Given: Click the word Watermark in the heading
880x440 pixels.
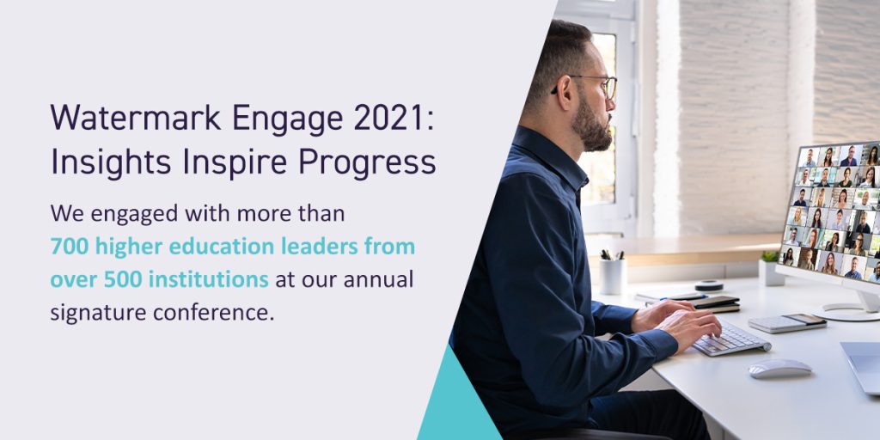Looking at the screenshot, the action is coord(135,118).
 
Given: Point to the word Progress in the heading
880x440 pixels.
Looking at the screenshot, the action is coord(366,163).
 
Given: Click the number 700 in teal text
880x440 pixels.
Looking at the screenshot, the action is coord(70,247).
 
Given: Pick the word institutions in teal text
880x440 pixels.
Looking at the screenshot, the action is coord(209,279).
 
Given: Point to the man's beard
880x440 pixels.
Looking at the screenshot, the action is coord(591,125).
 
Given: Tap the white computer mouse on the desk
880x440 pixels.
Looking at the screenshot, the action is coord(780,369).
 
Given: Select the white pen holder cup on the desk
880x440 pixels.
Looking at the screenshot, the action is coord(612,276).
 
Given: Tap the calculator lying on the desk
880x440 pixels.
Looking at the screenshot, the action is coord(787,323).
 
